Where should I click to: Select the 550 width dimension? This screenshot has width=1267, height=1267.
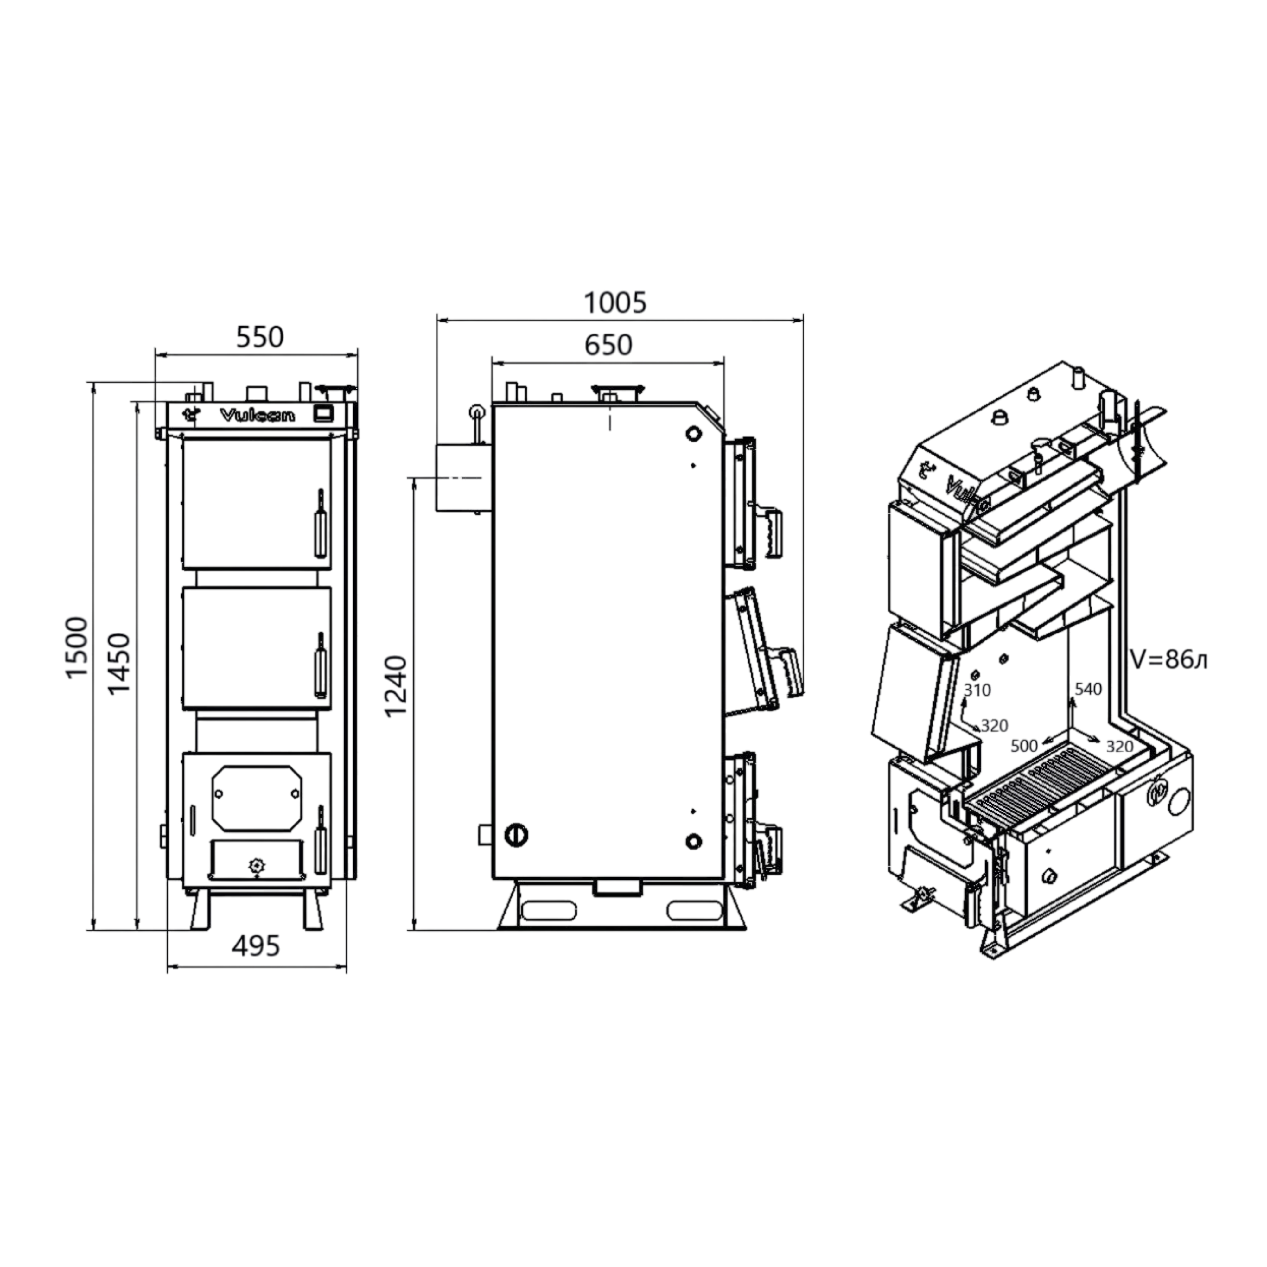260,337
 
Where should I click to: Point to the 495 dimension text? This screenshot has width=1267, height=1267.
257,946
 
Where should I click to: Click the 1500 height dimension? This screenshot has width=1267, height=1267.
77,648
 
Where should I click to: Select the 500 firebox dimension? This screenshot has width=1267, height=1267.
1024,746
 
